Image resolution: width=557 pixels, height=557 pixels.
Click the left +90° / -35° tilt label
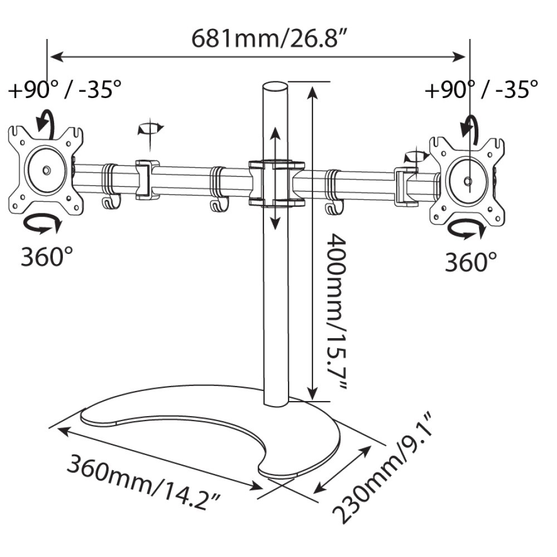tap(65, 89)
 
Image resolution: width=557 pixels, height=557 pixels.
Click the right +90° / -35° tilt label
tap(481, 89)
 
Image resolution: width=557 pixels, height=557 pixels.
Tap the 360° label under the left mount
tap(47, 257)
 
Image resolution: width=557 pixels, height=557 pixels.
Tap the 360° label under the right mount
tap(471, 261)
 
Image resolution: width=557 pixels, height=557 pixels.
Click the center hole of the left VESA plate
tap(46, 169)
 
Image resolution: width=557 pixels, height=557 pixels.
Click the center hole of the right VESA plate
tap(468, 180)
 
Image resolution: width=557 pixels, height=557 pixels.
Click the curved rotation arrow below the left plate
tap(42, 224)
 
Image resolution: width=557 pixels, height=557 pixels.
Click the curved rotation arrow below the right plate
tap(465, 228)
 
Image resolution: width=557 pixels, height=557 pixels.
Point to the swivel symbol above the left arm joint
tap(150, 129)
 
